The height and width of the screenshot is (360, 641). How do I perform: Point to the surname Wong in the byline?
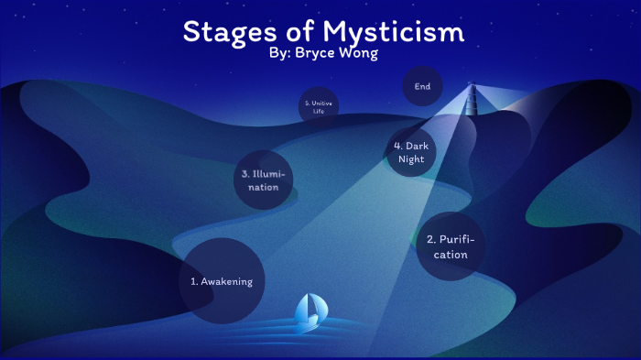click(358, 54)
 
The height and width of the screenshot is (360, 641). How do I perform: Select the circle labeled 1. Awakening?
click(221, 280)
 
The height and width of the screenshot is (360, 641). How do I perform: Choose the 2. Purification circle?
click(451, 245)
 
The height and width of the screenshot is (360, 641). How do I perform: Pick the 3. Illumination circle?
click(264, 180)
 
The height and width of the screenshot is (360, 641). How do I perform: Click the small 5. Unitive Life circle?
click(319, 106)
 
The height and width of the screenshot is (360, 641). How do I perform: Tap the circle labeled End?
click(422, 87)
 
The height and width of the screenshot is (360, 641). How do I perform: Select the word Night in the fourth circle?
click(411, 159)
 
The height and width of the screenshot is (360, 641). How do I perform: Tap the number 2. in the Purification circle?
click(430, 239)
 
